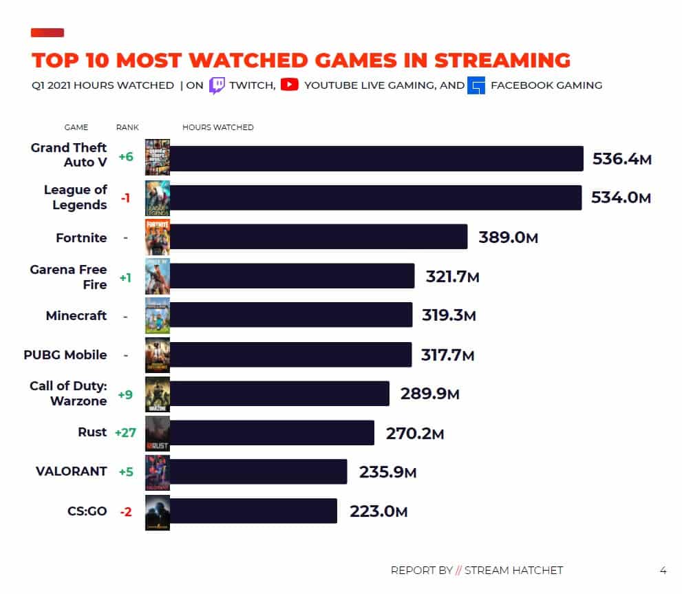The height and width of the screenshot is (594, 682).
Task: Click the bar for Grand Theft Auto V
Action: [376, 158]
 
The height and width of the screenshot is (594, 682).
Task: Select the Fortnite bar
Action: [318, 237]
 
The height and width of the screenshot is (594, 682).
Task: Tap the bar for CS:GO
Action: [253, 511]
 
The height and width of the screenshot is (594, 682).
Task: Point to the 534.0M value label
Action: [621, 198]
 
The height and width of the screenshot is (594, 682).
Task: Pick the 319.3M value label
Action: [448, 316]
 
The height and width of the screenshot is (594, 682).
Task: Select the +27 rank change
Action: [125, 433]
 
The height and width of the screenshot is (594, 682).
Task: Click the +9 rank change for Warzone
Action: [125, 394]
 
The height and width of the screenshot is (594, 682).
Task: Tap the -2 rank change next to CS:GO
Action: [125, 511]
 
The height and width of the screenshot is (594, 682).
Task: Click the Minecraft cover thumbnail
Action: [157, 316]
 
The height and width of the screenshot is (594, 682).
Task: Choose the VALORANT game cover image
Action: [157, 472]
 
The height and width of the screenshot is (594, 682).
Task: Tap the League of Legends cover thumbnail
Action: [157, 198]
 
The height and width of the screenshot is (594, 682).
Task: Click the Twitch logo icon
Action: [217, 85]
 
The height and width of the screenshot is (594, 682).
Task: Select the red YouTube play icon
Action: [289, 85]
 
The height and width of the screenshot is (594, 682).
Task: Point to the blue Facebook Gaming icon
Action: [476, 85]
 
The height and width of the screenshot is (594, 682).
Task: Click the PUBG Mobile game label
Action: [65, 355]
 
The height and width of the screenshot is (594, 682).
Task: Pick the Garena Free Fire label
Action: [68, 277]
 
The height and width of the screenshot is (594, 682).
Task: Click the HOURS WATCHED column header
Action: [217, 127]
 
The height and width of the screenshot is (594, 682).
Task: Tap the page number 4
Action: [663, 570]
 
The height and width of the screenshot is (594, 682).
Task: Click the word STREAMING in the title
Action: [502, 60]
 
